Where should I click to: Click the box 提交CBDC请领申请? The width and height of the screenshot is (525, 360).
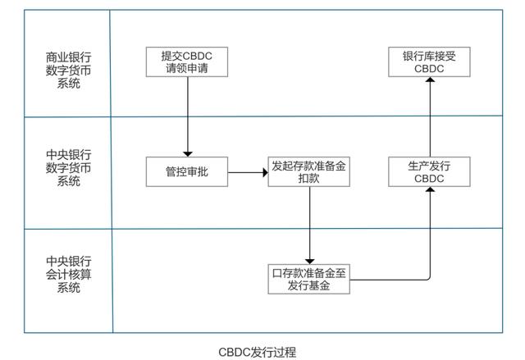coord(188,62)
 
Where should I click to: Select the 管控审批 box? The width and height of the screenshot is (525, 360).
coord(187,172)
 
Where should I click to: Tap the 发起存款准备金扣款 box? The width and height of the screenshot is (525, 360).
coord(310,172)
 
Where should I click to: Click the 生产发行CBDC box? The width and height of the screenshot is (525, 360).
coord(430,172)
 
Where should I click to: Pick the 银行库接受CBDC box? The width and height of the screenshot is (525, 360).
coord(430,62)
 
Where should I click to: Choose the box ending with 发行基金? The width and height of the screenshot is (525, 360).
coord(309,279)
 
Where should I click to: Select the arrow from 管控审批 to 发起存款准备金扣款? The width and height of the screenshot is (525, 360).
coord(248,173)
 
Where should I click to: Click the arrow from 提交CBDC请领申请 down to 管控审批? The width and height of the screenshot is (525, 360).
coord(188,115)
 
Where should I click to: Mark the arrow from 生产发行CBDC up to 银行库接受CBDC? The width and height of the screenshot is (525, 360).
coord(430,119)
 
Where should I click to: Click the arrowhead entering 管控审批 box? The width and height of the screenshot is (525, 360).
coord(188,153)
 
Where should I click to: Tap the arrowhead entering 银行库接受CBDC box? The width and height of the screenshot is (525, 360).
coord(430,82)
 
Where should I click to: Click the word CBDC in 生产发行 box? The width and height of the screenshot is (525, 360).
coord(430,179)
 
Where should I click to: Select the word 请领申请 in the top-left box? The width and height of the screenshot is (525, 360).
coord(188,69)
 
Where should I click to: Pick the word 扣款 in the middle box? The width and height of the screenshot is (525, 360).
coord(310,179)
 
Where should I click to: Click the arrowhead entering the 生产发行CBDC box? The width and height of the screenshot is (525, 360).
coord(430,192)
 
